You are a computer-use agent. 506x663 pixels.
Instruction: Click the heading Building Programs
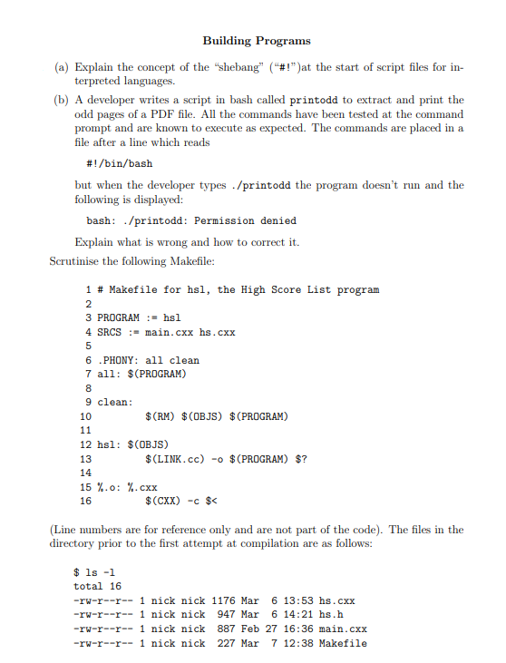tap(256, 41)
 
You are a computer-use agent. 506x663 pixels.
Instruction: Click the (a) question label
tap(61, 67)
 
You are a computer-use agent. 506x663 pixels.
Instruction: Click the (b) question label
tap(61, 100)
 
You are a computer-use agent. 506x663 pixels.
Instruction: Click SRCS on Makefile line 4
tap(111, 332)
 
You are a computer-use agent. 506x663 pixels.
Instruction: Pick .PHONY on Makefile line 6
tap(116, 360)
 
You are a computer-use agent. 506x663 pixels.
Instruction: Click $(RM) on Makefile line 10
tap(160, 416)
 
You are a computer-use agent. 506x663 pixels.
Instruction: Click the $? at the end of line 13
tap(302, 458)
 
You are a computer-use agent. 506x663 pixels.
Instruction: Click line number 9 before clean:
tap(88, 402)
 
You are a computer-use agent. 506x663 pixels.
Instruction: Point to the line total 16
tap(97, 587)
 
